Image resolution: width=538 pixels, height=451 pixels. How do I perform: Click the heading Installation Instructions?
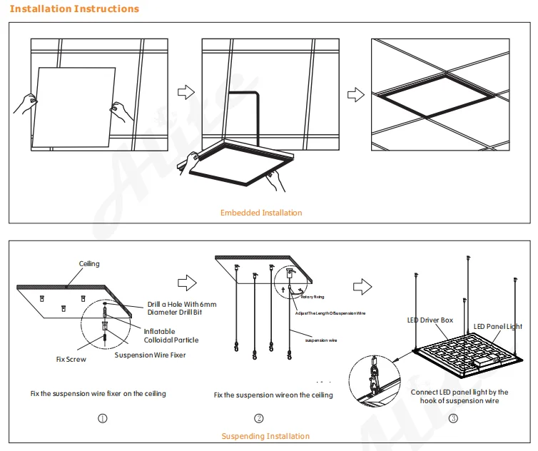(x=75, y=9)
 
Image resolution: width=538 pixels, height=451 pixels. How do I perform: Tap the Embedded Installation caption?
(x=261, y=213)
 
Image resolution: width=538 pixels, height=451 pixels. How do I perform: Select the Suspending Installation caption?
(x=265, y=436)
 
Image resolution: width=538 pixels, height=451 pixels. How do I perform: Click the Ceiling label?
(x=89, y=264)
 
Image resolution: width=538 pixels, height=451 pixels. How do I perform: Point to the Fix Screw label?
(x=71, y=359)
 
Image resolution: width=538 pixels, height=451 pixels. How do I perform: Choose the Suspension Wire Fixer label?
(x=150, y=355)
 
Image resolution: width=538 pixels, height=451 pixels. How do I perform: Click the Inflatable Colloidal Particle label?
(x=171, y=335)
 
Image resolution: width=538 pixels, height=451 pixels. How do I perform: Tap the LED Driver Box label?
(x=430, y=320)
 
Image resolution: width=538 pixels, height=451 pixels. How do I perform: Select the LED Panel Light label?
(x=498, y=327)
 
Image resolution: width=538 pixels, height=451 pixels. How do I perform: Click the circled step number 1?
(x=103, y=417)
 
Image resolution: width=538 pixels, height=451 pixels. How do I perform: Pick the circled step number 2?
(x=259, y=417)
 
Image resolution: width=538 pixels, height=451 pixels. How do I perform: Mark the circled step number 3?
(x=453, y=417)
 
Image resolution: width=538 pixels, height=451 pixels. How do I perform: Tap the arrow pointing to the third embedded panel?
(x=355, y=93)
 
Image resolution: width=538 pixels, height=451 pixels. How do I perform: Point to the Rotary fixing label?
(x=313, y=296)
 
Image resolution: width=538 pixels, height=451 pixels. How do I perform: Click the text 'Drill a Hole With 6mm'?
(x=181, y=304)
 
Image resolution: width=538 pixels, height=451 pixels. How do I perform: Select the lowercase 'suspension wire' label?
(x=321, y=340)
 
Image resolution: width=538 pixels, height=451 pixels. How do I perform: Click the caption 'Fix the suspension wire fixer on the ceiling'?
(x=98, y=394)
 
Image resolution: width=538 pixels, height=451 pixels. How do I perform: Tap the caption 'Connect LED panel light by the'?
(x=460, y=392)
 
